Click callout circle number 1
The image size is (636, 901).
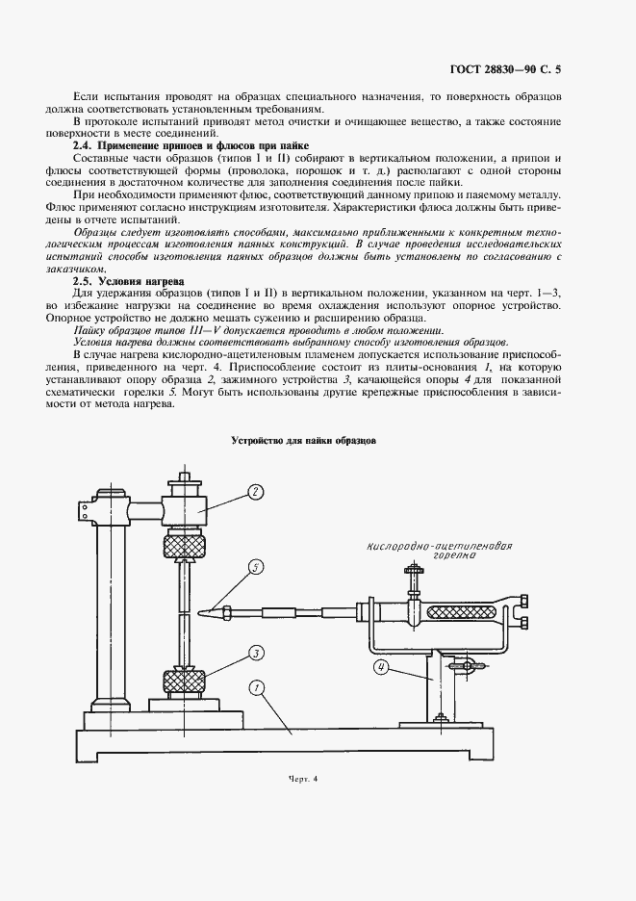(x=256, y=688)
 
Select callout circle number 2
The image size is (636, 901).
(x=255, y=492)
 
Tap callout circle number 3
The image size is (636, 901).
(x=256, y=653)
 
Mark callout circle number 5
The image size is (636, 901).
(x=255, y=567)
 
